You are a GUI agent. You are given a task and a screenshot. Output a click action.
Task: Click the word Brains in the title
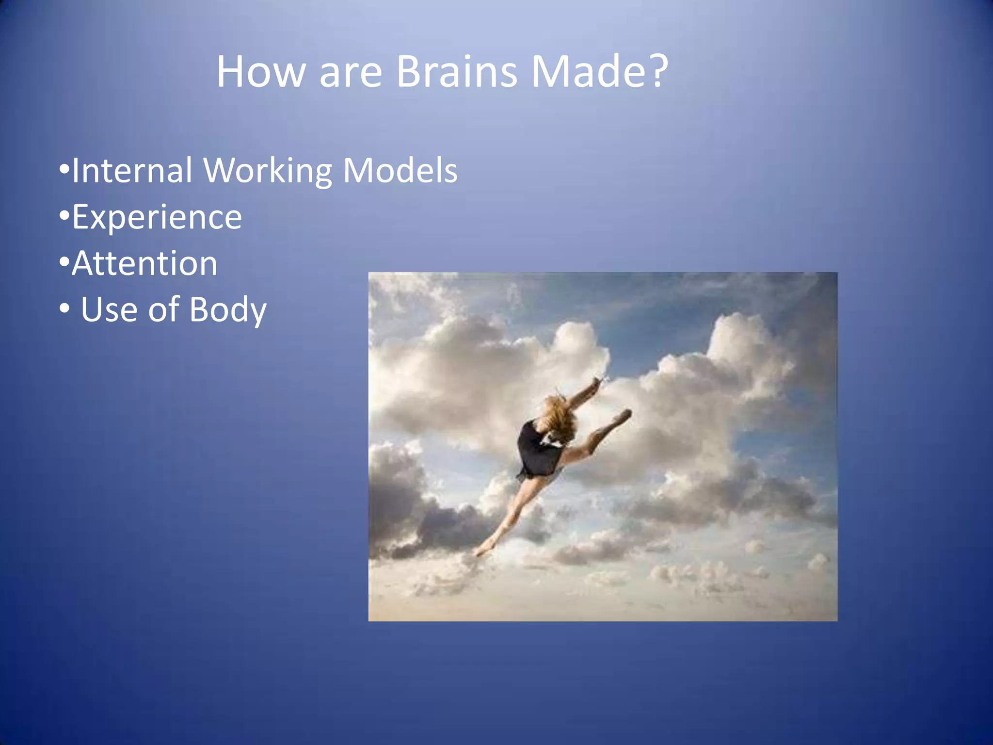456,71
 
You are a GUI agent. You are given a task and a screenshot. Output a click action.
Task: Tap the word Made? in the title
599,71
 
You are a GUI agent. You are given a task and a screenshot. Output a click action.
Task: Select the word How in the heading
261,71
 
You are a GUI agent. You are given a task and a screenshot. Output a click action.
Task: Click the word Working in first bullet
267,171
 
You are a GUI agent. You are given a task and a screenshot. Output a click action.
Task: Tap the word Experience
157,218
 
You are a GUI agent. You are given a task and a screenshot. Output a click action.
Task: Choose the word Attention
144,263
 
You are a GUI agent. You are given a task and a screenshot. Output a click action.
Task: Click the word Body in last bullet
228,310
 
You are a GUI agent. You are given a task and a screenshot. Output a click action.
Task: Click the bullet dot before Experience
64,217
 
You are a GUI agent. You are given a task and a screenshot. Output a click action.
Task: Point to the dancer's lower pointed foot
482,551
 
